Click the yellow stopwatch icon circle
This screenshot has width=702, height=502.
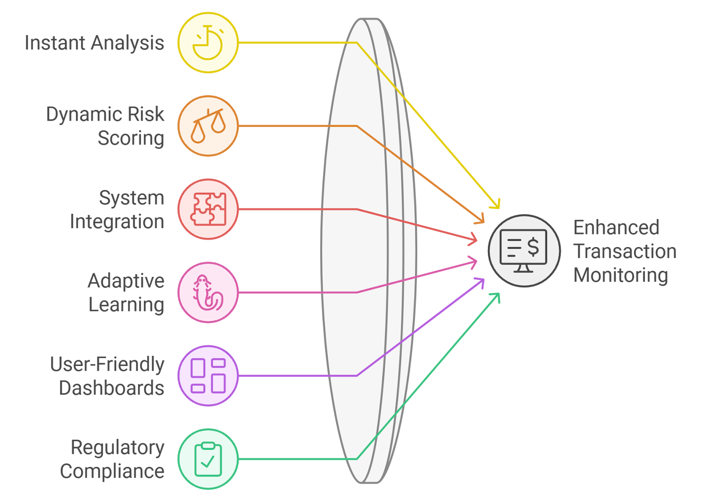click(x=208, y=43)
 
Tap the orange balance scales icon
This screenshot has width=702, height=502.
click(x=208, y=126)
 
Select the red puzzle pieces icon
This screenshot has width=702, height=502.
click(x=208, y=209)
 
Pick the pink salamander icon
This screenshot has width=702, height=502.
click(x=208, y=293)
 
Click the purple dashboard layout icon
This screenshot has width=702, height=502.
click(x=208, y=376)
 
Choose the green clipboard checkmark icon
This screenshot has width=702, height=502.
click(x=208, y=459)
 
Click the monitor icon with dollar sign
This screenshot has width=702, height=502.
click(x=524, y=251)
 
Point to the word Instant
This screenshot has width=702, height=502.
click(x=55, y=43)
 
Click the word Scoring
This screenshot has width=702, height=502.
click(x=131, y=138)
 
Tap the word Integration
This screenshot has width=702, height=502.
click(x=117, y=222)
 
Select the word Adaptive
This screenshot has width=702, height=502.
click(x=126, y=281)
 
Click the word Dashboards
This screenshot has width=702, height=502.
click(x=111, y=388)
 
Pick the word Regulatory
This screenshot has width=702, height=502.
click(x=118, y=448)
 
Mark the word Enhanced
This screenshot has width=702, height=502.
click(x=616, y=227)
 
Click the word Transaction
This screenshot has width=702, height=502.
click(x=625, y=251)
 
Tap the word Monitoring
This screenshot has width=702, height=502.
click(x=621, y=276)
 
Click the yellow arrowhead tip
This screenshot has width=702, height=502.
click(x=499, y=208)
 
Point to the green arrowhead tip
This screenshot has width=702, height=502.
click(x=499, y=294)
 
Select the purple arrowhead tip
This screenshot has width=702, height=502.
click(x=484, y=279)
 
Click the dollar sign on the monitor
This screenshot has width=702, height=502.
click(x=533, y=247)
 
